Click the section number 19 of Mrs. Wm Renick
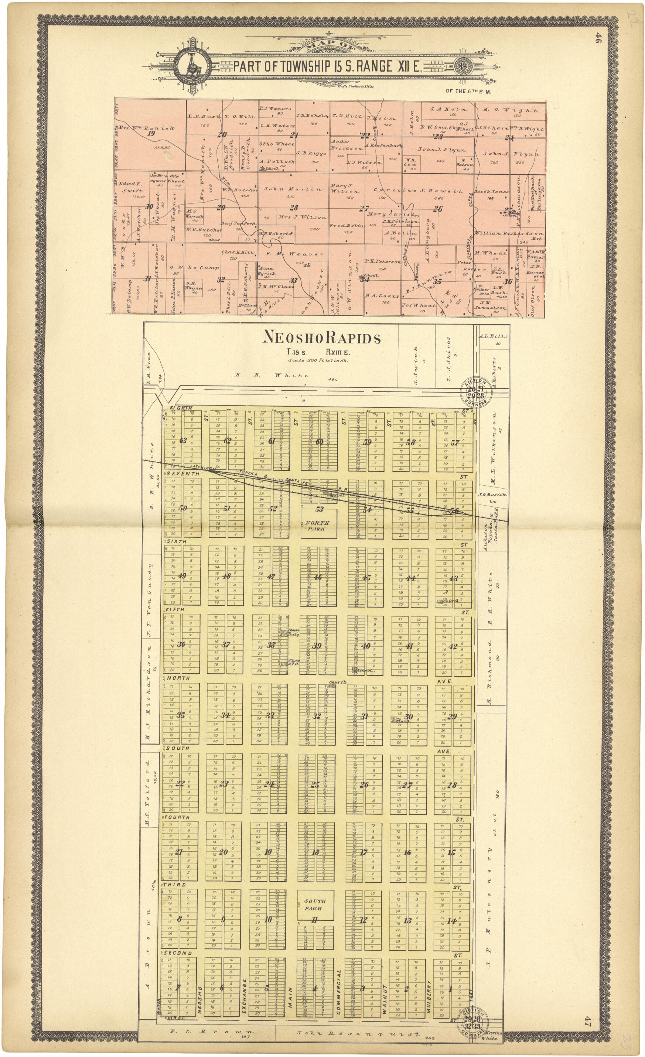pyautogui.click(x=151, y=133)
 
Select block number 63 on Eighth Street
pyautogui.click(x=183, y=440)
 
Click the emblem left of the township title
pyautogui.click(x=192, y=66)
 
